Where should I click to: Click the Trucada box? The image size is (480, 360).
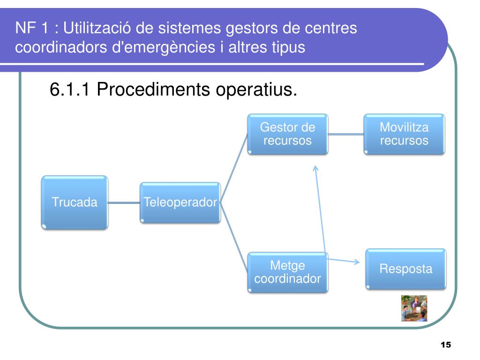tap(75, 202)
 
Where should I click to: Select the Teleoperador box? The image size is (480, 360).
tap(180, 202)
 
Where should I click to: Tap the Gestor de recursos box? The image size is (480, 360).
tap(287, 134)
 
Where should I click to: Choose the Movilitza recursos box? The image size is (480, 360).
tap(404, 134)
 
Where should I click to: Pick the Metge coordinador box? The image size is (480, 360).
tap(287, 272)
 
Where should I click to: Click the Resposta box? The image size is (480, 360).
tap(405, 269)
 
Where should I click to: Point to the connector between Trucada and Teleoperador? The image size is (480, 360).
tap(124, 203)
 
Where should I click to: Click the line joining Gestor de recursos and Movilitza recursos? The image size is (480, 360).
tap(346, 134)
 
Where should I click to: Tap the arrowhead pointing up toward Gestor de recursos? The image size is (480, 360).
tap(315, 167)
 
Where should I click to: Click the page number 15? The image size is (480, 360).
tap(445, 345)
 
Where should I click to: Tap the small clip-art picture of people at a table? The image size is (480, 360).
tap(414, 308)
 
